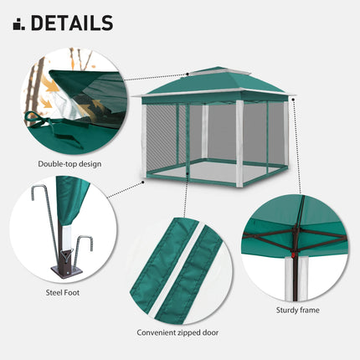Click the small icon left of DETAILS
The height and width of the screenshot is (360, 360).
coord(18,23)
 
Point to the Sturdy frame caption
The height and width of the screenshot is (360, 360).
coord(297,310)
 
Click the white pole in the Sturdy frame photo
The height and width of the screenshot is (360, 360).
coord(291,277)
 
